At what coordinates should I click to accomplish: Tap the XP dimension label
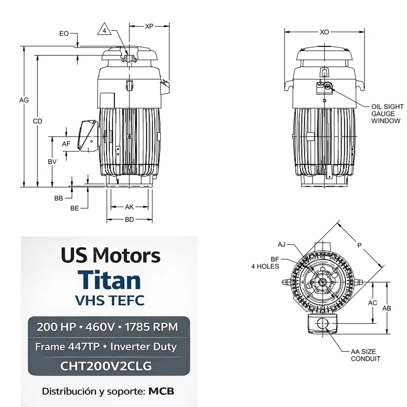click(x=149, y=26)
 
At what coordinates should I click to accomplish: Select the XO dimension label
click(x=324, y=32)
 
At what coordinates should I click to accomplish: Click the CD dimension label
click(x=37, y=121)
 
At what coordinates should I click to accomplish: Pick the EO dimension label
click(x=64, y=34)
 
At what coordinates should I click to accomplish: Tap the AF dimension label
click(x=66, y=144)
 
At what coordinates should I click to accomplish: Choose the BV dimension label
click(x=52, y=162)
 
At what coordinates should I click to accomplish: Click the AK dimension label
click(x=129, y=207)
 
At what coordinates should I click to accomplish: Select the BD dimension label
click(x=129, y=220)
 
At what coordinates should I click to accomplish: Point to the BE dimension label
click(x=74, y=208)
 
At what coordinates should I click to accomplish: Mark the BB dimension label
click(x=59, y=198)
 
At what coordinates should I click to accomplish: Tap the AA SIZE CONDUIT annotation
click(x=365, y=355)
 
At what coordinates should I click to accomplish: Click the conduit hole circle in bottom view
click(x=323, y=324)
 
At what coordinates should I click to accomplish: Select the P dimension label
click(x=359, y=245)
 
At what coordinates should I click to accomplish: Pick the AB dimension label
click(x=387, y=308)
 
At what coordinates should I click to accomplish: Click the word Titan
click(x=110, y=280)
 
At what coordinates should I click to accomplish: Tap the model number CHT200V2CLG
click(x=106, y=366)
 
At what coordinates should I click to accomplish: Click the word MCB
click(x=161, y=392)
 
